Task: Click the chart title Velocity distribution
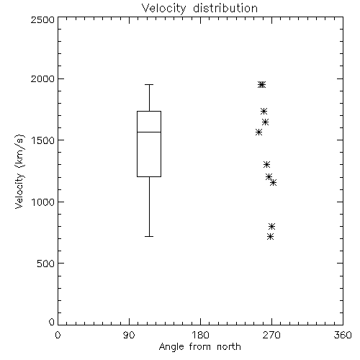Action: click(199, 8)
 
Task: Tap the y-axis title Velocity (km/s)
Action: click(19, 171)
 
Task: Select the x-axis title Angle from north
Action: click(199, 347)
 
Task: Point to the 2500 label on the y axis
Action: click(42, 19)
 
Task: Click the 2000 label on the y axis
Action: click(42, 78)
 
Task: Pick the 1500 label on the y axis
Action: click(43, 140)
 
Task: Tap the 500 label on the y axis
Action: click(46, 264)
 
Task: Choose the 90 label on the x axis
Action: click(129, 335)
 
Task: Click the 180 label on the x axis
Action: click(200, 335)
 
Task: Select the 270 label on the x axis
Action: click(271, 335)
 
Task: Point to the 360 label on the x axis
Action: click(343, 335)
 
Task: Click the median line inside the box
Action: click(149, 132)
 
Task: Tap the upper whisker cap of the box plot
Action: click(149, 84)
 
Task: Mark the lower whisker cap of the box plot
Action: click(149, 236)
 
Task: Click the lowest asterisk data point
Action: click(270, 237)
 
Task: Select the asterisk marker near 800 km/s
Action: click(271, 226)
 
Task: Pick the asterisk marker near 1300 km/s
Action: click(266, 164)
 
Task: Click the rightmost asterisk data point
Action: click(273, 183)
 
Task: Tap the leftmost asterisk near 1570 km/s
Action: click(258, 132)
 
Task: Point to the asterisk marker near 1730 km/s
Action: click(264, 111)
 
